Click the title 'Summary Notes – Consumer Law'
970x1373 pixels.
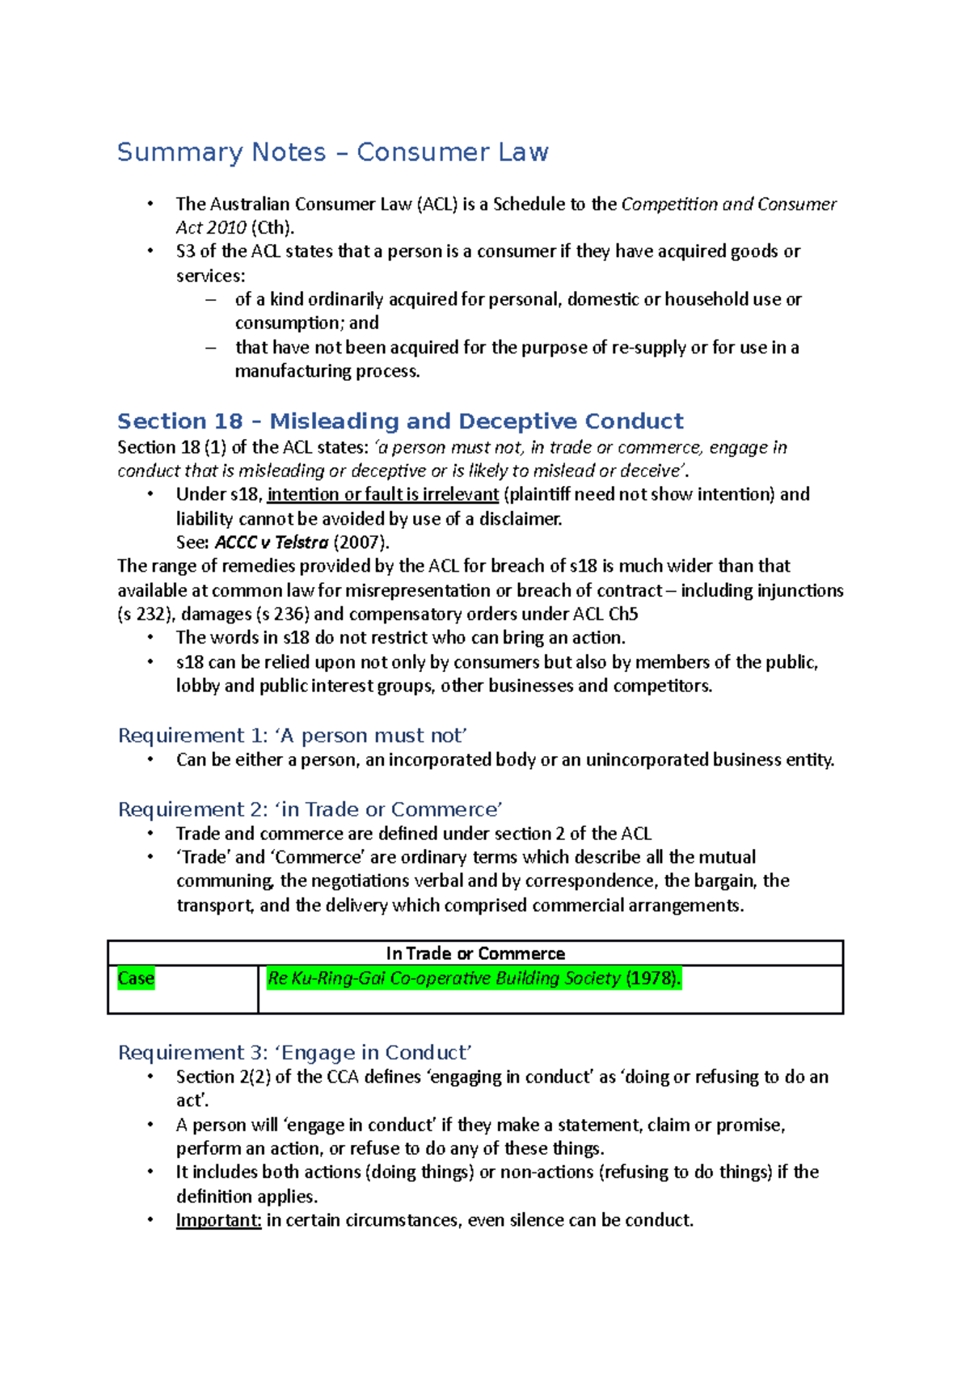(x=332, y=152)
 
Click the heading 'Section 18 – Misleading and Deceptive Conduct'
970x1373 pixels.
(x=400, y=421)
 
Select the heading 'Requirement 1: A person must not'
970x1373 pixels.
(x=292, y=735)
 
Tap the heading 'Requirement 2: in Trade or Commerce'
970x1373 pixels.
(x=310, y=809)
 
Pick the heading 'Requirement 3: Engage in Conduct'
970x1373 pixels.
(x=294, y=1053)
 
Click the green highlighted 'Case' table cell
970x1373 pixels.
(x=136, y=978)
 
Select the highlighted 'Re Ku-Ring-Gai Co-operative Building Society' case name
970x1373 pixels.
(x=444, y=978)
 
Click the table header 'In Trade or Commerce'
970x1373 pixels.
(x=475, y=953)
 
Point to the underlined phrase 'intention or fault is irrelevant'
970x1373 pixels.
(x=382, y=494)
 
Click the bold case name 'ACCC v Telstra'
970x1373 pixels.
(x=272, y=543)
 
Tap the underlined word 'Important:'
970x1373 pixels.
(x=218, y=1220)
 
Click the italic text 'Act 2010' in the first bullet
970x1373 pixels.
(x=211, y=228)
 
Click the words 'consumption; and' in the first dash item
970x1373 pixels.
(x=306, y=323)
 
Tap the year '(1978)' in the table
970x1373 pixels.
(x=653, y=978)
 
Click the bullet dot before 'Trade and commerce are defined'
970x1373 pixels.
(x=150, y=834)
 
